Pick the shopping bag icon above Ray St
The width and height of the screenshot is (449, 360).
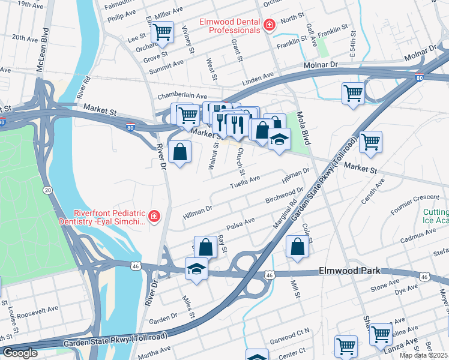pyautogui.click(x=206, y=247)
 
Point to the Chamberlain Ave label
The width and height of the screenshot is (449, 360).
pyautogui.click(x=182, y=96)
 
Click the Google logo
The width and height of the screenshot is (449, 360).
pyautogui.click(x=19, y=352)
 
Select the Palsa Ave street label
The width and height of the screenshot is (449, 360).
pyautogui.click(x=241, y=224)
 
